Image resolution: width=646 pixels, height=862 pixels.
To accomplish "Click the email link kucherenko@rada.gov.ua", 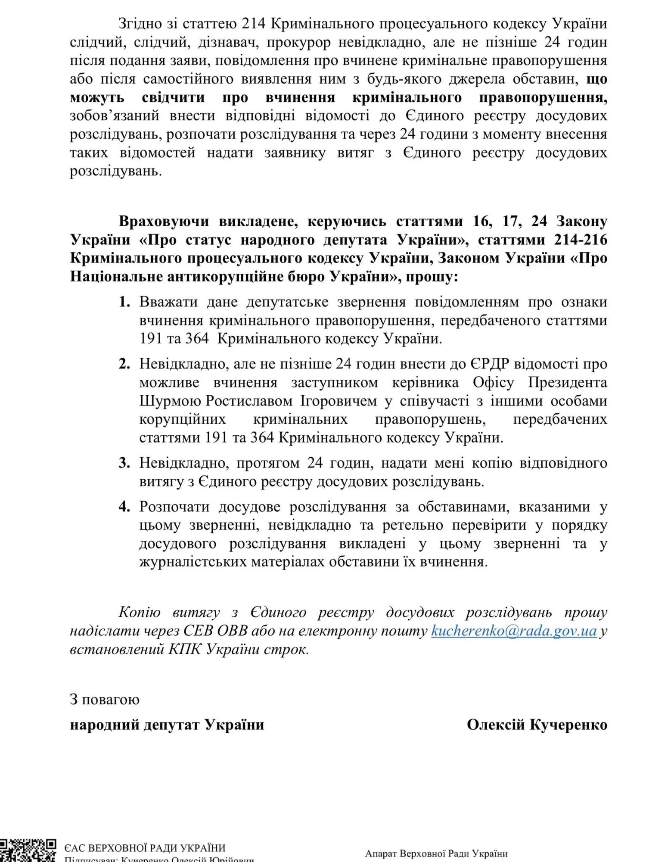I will [514, 631].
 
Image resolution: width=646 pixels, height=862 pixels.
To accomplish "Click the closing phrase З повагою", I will [105, 699].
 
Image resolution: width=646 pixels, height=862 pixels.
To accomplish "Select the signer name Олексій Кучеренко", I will [537, 725].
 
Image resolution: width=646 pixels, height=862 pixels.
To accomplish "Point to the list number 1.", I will [124, 302].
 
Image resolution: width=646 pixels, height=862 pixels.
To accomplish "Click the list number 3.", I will [124, 463].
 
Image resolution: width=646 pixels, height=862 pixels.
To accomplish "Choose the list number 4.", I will [124, 507].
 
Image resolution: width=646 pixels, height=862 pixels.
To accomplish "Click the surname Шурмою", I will [170, 401].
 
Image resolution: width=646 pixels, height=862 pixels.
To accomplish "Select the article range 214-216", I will [581, 240].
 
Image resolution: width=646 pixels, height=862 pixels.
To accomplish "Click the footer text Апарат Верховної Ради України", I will [436, 853].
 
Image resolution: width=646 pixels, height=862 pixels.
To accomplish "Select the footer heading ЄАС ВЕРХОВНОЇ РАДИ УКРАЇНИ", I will [145, 848].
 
